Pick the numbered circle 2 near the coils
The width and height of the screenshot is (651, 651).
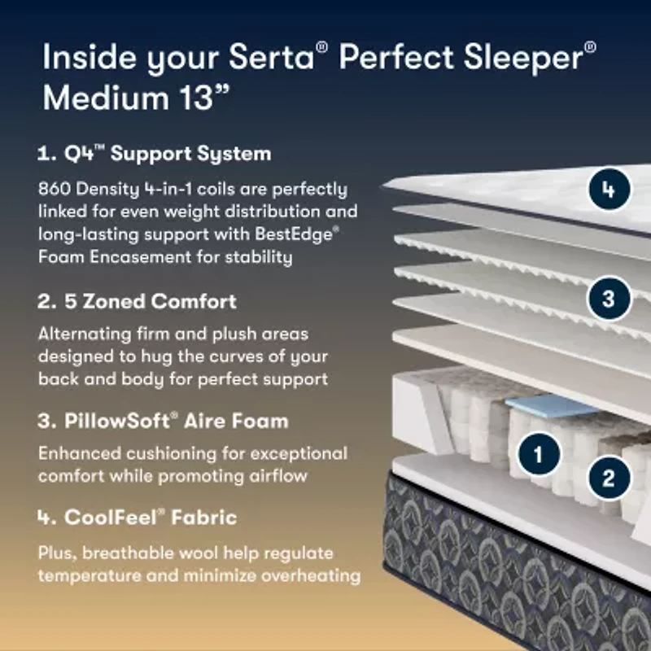(x=609, y=477)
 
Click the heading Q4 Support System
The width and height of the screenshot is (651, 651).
(x=155, y=153)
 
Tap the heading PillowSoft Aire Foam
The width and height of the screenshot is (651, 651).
(x=163, y=422)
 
